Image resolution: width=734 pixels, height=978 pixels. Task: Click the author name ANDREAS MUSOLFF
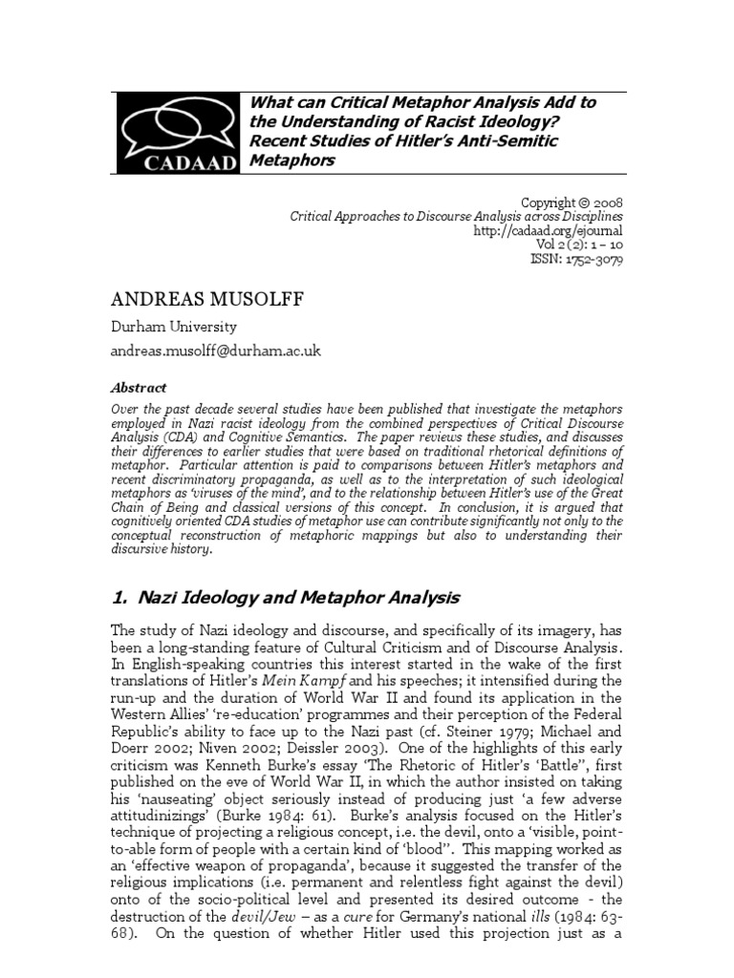click(205, 301)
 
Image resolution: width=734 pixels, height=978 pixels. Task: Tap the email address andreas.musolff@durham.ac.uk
click(217, 351)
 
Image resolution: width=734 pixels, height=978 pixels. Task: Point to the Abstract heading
click(139, 388)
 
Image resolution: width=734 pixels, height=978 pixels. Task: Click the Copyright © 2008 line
click(571, 202)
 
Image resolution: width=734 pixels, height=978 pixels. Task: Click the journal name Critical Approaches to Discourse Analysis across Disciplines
click(456, 217)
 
